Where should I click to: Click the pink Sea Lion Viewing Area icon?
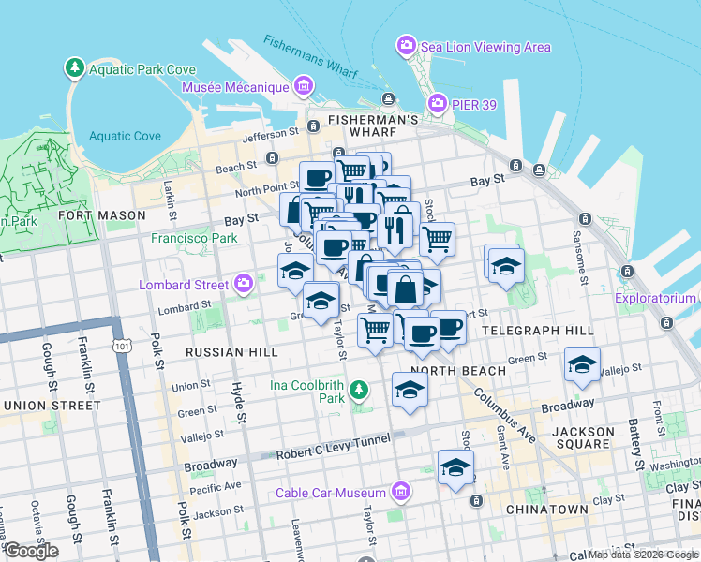tap(406, 46)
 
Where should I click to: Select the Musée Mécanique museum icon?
tap(302, 88)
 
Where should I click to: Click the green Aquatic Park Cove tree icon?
tap(74, 68)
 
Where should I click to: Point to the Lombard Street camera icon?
tap(244, 283)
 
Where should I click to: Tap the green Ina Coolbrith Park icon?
tap(357, 389)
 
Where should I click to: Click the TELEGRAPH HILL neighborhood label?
tap(536, 331)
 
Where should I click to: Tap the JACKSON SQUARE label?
tap(583, 439)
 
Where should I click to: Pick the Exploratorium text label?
tap(655, 299)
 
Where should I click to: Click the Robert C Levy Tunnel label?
tap(333, 453)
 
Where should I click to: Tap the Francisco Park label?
tap(194, 238)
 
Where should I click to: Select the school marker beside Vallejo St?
tap(582, 365)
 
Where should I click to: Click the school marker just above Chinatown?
tap(455, 467)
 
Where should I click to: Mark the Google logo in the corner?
tap(30, 551)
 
